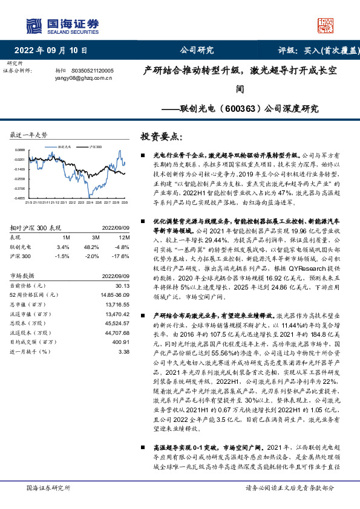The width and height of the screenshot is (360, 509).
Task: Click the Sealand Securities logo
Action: click(x=62, y=25)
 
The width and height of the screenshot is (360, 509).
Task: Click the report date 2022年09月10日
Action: click(x=51, y=51)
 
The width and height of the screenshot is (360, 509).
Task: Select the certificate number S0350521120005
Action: click(x=97, y=71)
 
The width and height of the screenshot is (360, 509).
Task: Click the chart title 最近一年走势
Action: click(x=29, y=135)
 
